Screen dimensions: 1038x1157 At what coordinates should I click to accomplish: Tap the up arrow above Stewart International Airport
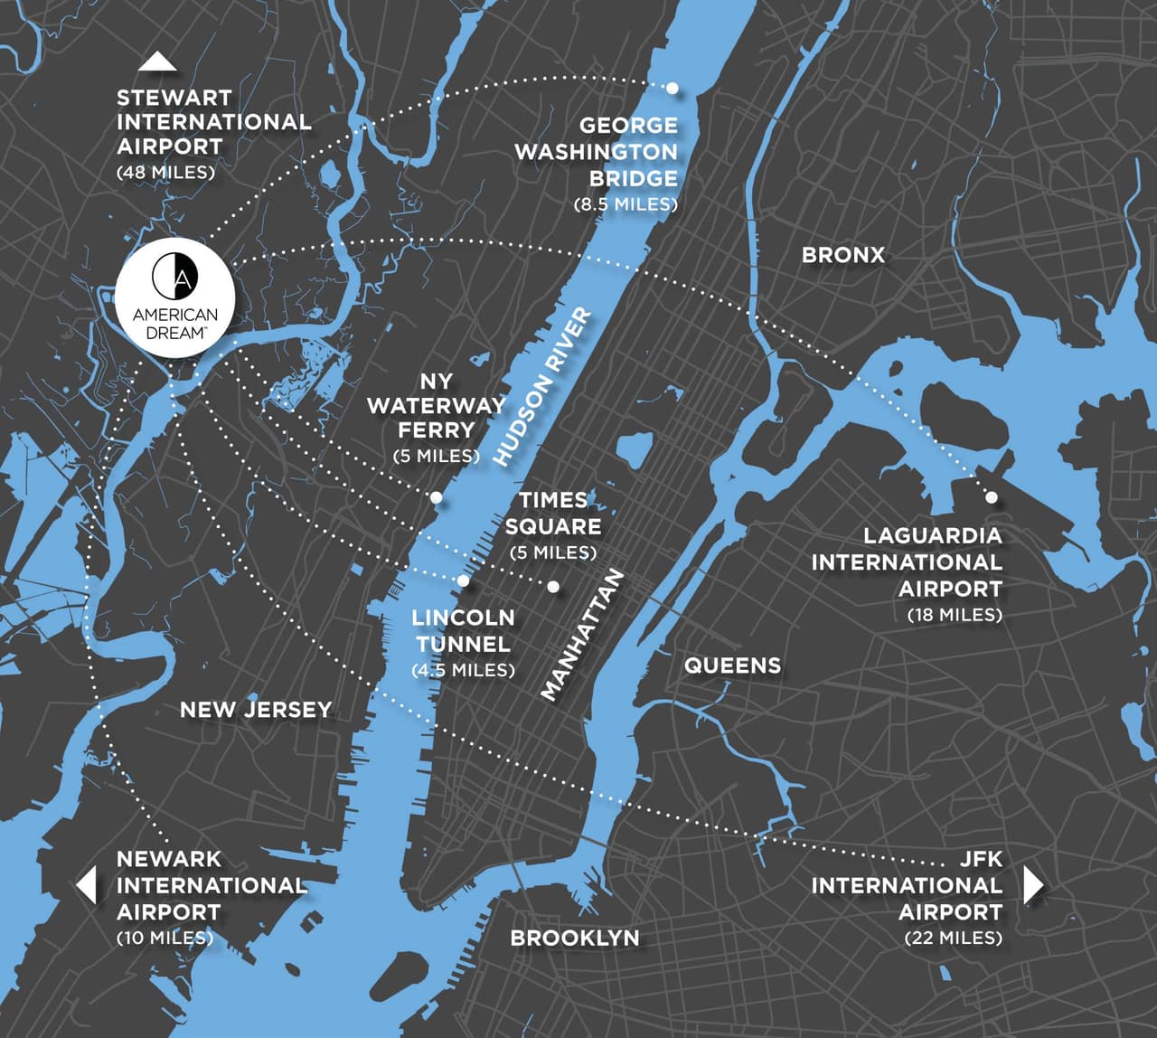157,61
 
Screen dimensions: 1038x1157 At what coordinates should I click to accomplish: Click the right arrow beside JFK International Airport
1033,884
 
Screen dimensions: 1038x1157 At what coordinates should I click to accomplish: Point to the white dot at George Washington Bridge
673,88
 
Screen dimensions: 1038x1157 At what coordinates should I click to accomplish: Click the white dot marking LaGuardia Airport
992,497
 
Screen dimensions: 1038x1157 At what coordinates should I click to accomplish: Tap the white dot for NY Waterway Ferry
436,497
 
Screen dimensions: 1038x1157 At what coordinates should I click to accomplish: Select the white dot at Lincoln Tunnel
463,580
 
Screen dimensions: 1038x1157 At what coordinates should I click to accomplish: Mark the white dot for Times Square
553,587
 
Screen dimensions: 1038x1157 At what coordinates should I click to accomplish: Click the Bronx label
842,255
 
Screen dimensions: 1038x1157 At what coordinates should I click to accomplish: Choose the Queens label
732,665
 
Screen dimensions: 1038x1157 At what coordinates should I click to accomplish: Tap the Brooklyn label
574,938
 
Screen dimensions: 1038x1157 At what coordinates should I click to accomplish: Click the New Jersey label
256,709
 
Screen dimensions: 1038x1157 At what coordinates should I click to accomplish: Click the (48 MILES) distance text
166,172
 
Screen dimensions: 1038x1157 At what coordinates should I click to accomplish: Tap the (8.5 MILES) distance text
626,204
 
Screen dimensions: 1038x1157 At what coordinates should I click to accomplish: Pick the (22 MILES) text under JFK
953,938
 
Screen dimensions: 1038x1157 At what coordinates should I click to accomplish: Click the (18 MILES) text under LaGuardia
955,615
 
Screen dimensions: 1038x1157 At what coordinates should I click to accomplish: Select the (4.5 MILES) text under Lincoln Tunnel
463,670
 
